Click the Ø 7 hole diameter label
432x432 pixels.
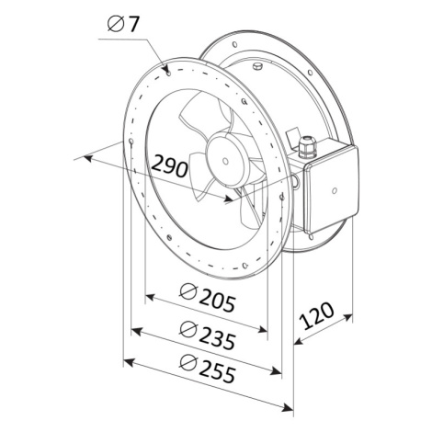point(123,24)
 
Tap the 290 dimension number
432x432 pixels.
point(169,166)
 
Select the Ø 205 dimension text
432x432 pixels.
point(208,298)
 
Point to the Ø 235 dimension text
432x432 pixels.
point(208,335)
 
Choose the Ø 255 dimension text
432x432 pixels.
point(208,369)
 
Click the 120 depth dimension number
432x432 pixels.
point(316,315)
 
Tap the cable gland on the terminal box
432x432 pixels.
point(306,147)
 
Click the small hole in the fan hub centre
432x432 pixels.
point(225,161)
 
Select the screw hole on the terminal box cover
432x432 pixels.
point(335,190)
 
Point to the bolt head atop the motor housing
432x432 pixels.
point(257,66)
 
